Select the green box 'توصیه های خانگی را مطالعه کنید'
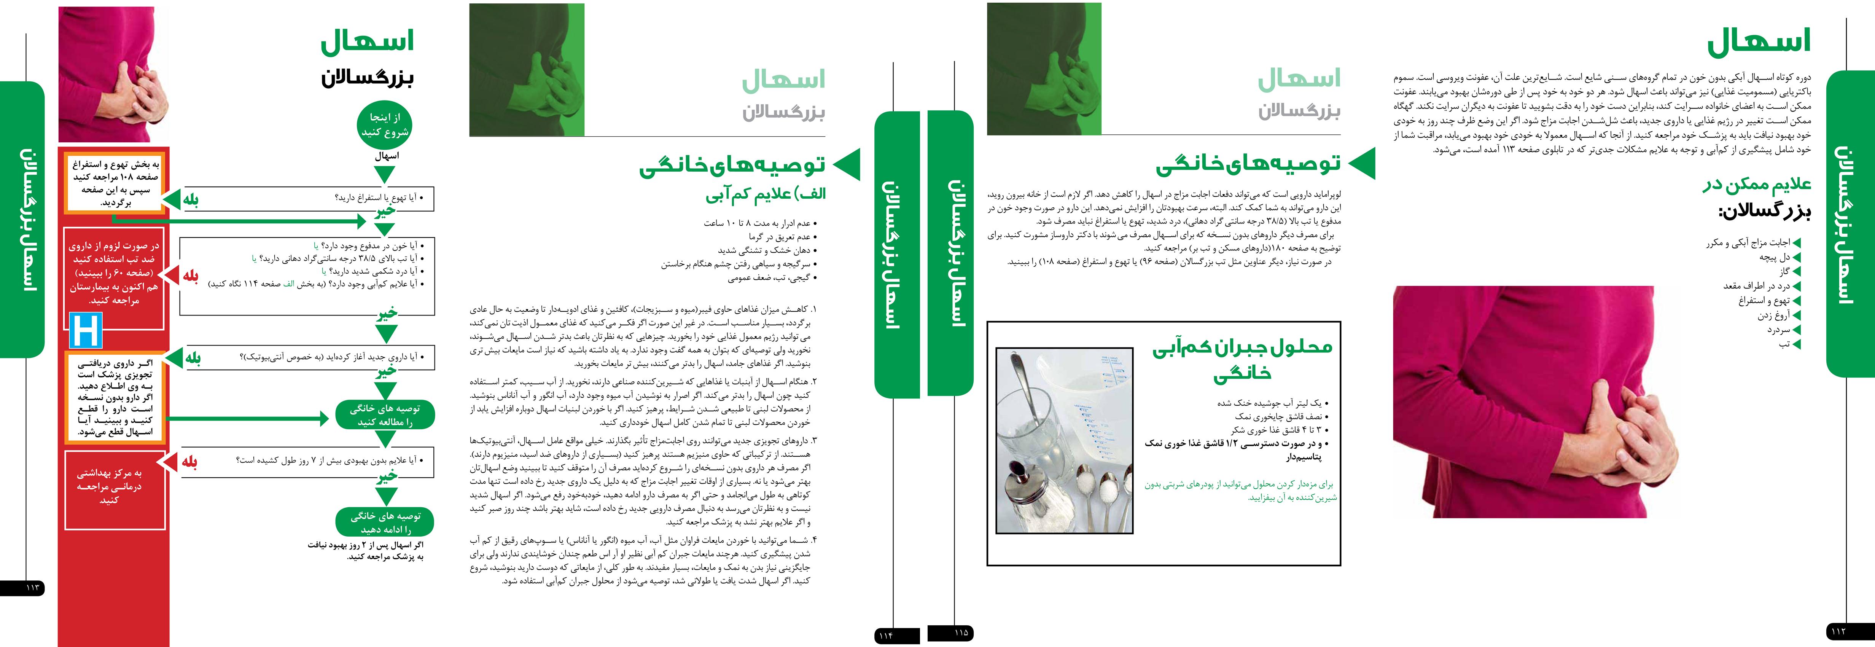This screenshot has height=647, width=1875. click(x=385, y=415)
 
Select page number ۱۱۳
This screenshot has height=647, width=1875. click(x=32, y=587)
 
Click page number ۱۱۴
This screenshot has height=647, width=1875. click(x=886, y=635)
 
